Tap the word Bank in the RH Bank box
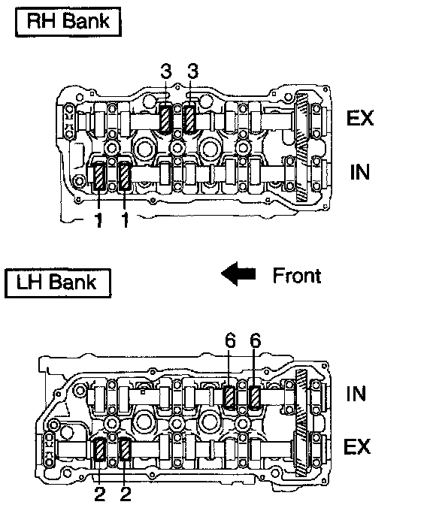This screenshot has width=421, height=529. pos(86,21)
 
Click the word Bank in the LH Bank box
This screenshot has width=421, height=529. pos(73,282)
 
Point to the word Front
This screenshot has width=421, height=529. pos(297,276)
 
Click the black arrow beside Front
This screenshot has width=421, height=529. pos(238,274)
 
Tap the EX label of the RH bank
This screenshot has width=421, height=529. pos(360,118)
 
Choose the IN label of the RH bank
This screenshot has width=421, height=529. pos(360,172)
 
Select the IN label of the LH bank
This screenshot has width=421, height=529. pos(356,394)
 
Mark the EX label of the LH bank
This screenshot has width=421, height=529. pos(357,446)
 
